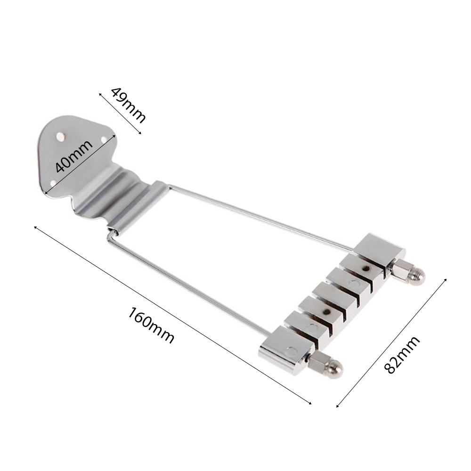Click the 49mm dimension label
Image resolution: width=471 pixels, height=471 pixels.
pyautogui.click(x=128, y=105)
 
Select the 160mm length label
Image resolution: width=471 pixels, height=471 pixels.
pyautogui.click(x=151, y=325)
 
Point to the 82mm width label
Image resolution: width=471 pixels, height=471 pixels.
pyautogui.click(x=402, y=355)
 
